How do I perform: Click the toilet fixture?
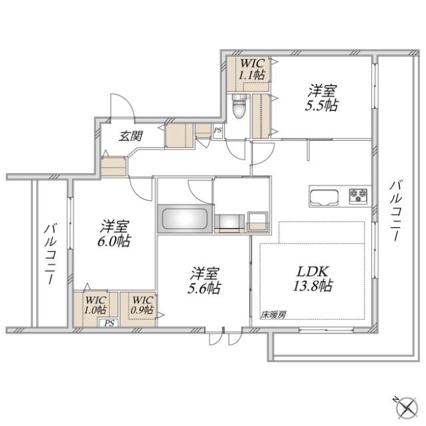tap(239, 105)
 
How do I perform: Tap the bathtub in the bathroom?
tap(184, 219)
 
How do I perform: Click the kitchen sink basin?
tap(324, 197)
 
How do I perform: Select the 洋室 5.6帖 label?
tap(202, 281)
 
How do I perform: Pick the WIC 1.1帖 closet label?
tap(253, 69)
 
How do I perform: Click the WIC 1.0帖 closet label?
tap(95, 305)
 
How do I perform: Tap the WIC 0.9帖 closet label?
tap(141, 305)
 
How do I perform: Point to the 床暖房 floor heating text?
tap(273, 314)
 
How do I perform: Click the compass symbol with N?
tap(401, 405)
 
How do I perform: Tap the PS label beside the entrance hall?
tap(217, 130)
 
